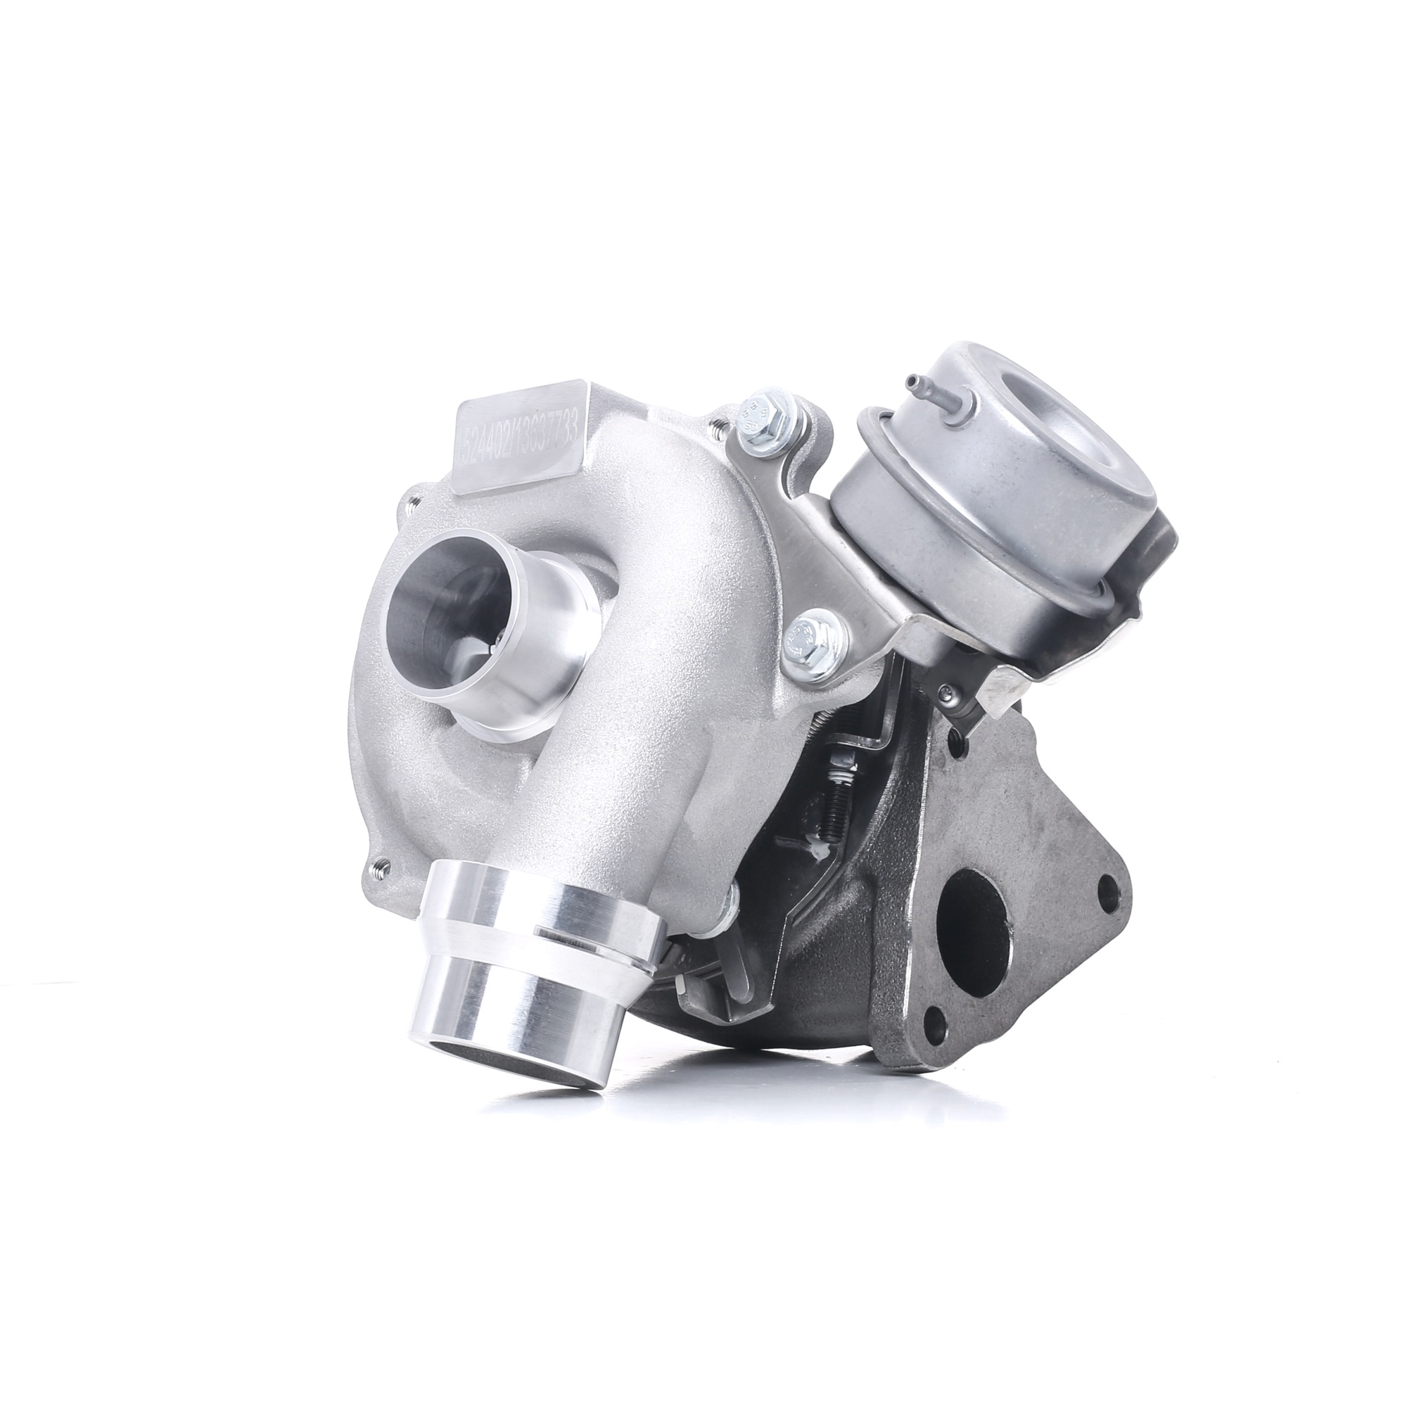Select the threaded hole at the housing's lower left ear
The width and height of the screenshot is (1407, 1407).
click(x=381, y=868)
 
